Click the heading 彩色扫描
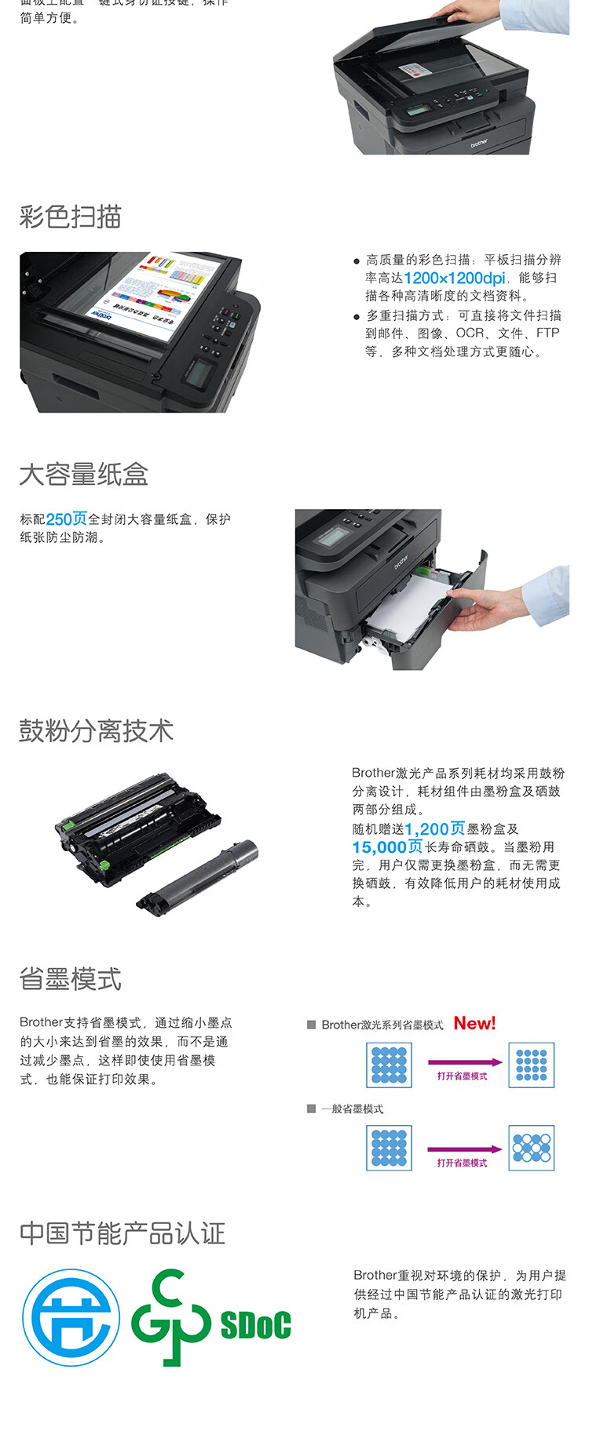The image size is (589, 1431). (x=71, y=217)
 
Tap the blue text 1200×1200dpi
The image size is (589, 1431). (x=455, y=279)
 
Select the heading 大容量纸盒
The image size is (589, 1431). (x=84, y=475)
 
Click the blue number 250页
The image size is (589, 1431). (x=67, y=519)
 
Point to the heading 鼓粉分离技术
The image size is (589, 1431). (x=97, y=731)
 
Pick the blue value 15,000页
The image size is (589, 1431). (x=387, y=847)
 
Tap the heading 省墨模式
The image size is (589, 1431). (x=71, y=979)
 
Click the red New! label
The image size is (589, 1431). (x=474, y=1024)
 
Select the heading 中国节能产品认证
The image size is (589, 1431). (x=123, y=1233)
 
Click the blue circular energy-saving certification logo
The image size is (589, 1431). (x=71, y=1318)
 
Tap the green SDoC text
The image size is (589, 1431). (x=255, y=1325)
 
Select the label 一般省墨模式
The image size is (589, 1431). (x=352, y=1109)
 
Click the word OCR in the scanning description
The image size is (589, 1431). (x=470, y=333)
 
